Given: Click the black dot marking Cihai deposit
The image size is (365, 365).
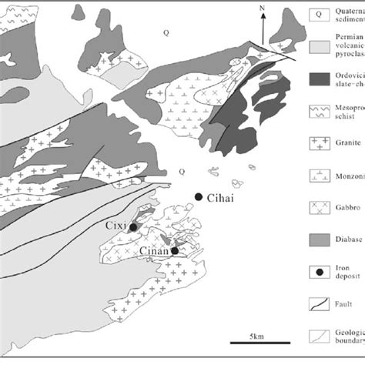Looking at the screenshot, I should pos(199,197).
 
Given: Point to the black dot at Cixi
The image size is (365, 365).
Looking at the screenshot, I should pos(133,227).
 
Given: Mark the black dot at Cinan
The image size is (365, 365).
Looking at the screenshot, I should pos(175,250).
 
